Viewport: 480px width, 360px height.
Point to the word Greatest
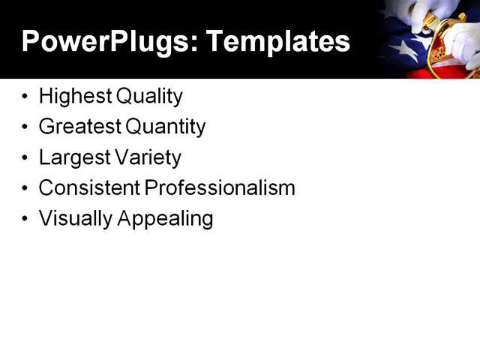[x=78, y=127]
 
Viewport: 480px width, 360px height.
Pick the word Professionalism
[x=220, y=187]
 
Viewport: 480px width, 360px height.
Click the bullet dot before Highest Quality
[x=26, y=97]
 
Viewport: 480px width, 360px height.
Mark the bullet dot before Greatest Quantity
[x=26, y=127]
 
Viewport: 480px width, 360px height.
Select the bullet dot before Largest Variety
[x=26, y=158]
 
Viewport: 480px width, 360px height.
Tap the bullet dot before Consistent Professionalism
[x=26, y=188]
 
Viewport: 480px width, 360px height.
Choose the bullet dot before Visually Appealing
[x=26, y=219]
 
